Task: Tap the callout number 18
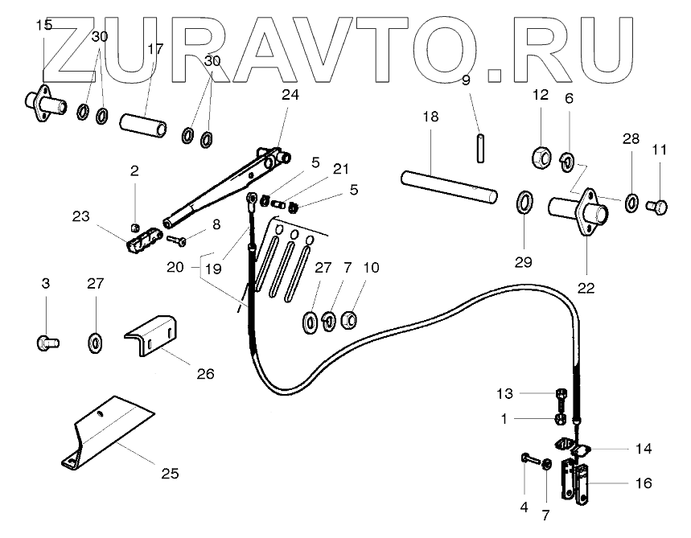430,117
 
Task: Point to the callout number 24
290,94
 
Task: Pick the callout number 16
643,483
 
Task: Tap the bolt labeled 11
658,207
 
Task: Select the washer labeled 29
522,201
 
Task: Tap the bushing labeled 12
541,155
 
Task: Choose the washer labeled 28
631,200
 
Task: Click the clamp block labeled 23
141,239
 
